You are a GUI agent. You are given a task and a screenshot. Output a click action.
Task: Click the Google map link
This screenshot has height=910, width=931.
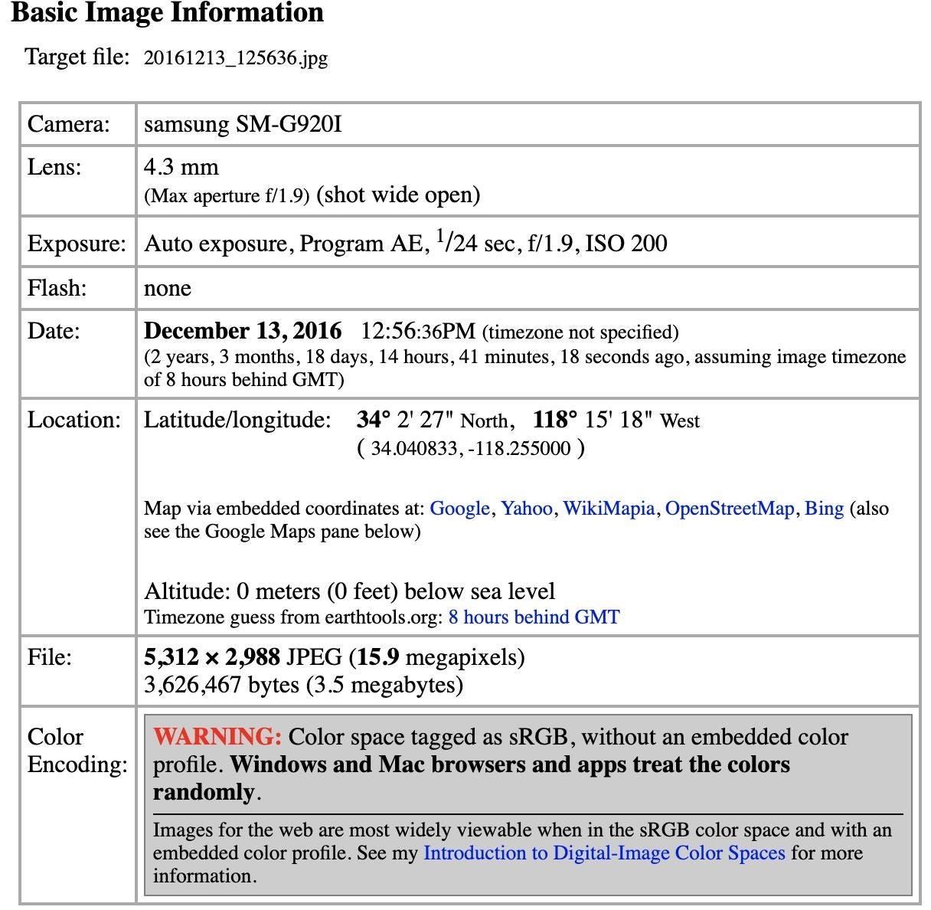click(x=459, y=509)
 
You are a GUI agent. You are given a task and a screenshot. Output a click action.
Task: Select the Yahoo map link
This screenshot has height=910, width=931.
click(x=526, y=509)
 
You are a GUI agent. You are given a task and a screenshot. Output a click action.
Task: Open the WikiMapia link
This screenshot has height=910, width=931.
click(x=609, y=509)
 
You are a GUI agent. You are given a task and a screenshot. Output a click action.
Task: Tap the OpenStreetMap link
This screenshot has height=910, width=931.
click(x=729, y=509)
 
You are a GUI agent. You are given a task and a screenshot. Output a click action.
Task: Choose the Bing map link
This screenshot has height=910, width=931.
click(x=824, y=509)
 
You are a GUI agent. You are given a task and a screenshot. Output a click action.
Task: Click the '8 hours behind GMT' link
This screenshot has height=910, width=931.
click(x=534, y=617)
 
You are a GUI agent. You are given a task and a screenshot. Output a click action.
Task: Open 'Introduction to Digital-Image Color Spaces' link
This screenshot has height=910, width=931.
click(x=604, y=853)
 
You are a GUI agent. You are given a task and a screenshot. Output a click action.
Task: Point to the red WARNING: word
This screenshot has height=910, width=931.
click(x=217, y=737)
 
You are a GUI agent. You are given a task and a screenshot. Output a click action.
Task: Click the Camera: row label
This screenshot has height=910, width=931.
click(x=69, y=124)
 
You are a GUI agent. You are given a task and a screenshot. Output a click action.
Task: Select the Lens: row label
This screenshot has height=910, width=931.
click(x=54, y=167)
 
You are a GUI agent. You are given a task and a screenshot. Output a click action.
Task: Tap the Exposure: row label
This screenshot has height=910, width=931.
click(x=77, y=244)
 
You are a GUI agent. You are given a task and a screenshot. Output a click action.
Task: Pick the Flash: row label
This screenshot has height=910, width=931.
click(x=57, y=288)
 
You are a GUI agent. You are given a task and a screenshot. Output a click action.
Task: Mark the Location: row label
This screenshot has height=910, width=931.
click(x=74, y=420)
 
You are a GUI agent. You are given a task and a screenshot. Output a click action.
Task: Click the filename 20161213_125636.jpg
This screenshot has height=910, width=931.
click(x=236, y=58)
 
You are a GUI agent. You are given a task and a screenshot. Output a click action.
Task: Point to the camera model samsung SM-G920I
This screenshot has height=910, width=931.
click(x=243, y=124)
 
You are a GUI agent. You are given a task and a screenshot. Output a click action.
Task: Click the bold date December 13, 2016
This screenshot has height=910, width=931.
click(x=243, y=331)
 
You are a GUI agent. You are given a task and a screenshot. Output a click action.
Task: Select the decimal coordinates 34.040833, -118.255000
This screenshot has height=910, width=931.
click(x=471, y=448)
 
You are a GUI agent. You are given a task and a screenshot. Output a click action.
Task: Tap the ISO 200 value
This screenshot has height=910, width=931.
click(x=626, y=244)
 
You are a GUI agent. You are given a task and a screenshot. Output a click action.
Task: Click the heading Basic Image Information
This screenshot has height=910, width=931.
click(x=167, y=13)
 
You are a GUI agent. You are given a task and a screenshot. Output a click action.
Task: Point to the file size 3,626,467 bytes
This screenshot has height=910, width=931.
click(x=221, y=684)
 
